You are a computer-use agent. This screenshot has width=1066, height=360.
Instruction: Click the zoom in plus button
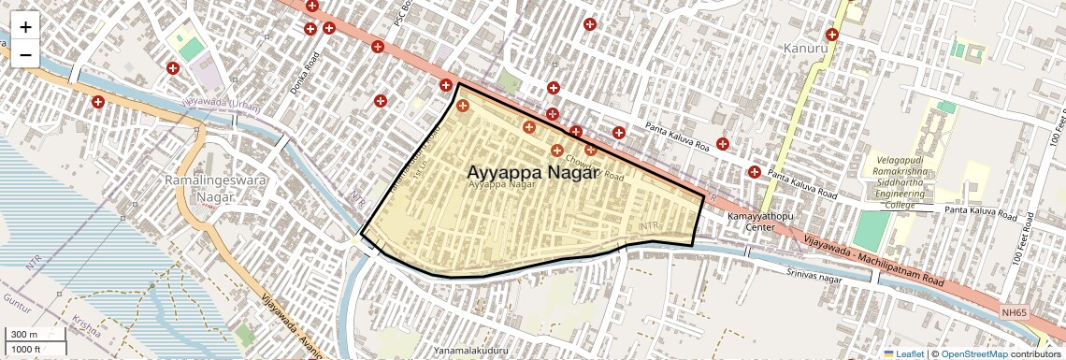point(25,26)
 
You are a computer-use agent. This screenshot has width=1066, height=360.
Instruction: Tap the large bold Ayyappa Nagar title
point(533,172)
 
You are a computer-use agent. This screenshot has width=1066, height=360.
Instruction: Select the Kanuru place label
point(806,48)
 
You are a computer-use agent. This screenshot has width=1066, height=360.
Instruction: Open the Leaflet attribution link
point(903,353)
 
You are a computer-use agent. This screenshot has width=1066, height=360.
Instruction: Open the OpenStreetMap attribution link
point(974,353)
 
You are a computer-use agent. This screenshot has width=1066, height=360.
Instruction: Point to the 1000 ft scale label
point(28,349)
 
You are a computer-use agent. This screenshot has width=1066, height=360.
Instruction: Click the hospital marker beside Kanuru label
point(831,35)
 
